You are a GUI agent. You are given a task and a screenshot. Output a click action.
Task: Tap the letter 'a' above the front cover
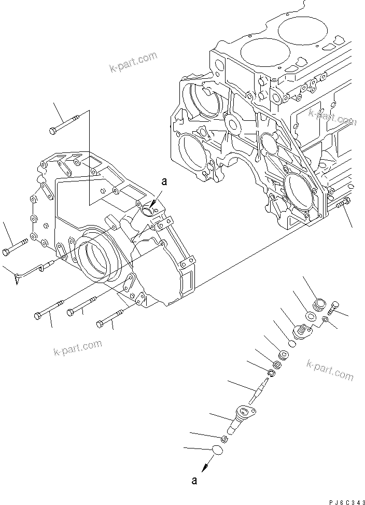(165, 181)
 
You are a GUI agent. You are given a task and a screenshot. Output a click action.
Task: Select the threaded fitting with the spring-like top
(301, 330)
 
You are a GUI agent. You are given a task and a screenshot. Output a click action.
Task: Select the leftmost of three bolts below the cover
(49, 310)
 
